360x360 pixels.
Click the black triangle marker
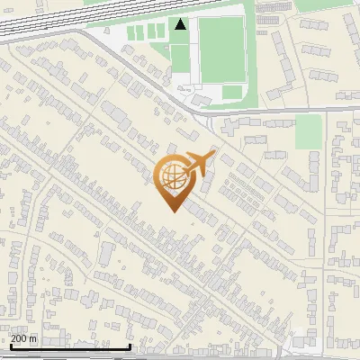click(x=181, y=24)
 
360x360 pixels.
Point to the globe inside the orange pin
click(x=172, y=177)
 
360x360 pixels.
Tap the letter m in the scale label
click(x=34, y=338)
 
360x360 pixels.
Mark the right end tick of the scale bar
click(x=131, y=346)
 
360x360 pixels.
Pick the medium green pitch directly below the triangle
click(x=180, y=58)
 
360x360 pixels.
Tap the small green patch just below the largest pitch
click(x=232, y=92)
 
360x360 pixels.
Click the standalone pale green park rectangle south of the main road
click(x=308, y=131)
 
